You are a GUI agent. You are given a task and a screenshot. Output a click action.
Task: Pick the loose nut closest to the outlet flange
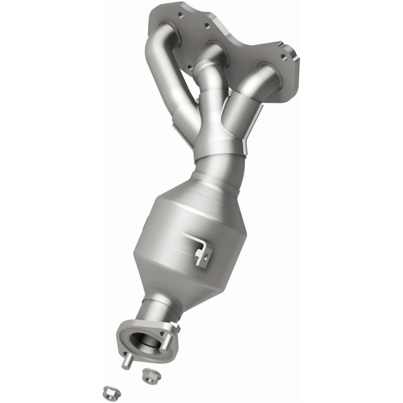148,374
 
